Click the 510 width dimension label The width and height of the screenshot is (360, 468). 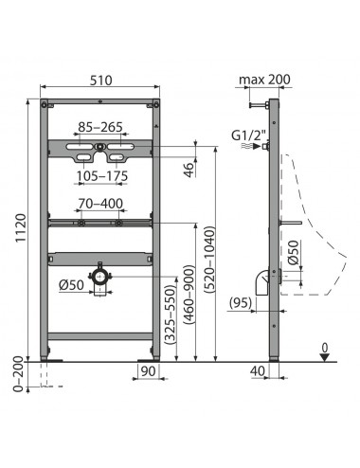point(100,81)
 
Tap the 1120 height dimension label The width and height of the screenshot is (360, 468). point(21,228)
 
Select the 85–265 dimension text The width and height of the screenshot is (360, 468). point(100,127)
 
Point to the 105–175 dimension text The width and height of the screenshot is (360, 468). point(102,176)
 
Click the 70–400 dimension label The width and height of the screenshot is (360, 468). point(100,204)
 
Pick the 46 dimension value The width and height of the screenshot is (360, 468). point(189,170)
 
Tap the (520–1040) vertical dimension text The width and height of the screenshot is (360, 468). point(209,260)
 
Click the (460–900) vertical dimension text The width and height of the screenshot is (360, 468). point(189,295)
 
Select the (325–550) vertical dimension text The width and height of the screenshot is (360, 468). point(171,315)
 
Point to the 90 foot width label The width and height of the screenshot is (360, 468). point(148,371)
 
